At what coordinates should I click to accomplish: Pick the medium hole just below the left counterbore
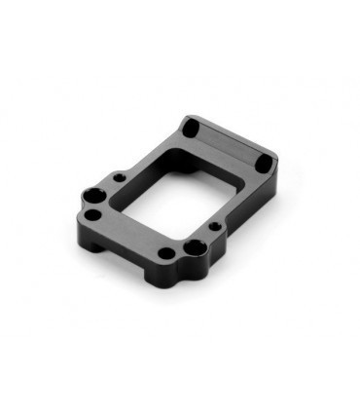(92, 215)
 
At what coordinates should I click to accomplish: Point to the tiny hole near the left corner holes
(119, 178)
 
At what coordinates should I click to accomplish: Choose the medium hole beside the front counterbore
(165, 254)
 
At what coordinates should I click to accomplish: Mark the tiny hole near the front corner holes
(215, 226)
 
